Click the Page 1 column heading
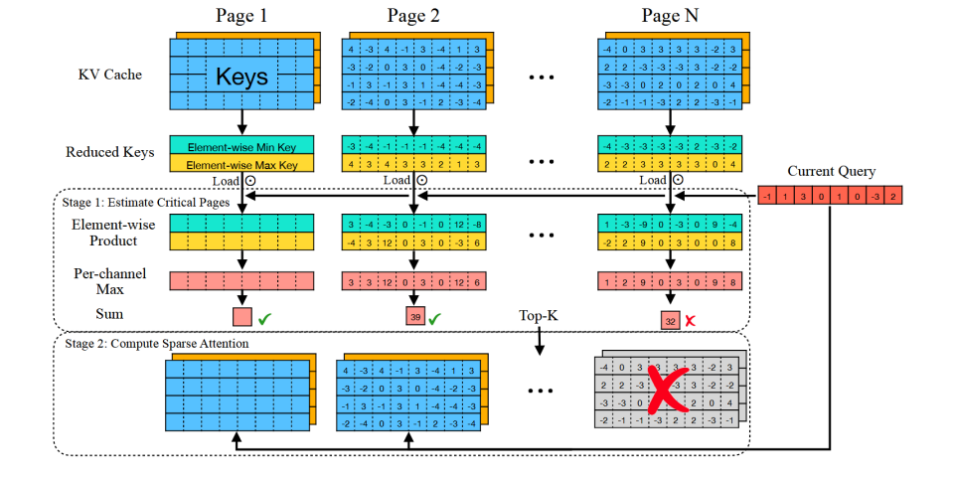click(x=241, y=15)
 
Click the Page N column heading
click(x=669, y=15)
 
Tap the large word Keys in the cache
click(x=241, y=76)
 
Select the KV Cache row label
click(x=111, y=74)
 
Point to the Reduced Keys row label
click(x=110, y=152)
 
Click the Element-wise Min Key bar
click(x=241, y=145)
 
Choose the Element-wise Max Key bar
click(x=241, y=163)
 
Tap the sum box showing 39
click(x=415, y=318)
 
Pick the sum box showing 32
click(x=671, y=320)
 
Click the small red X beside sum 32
click(x=690, y=320)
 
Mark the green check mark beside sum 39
click(x=434, y=319)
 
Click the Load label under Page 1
click(x=224, y=181)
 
